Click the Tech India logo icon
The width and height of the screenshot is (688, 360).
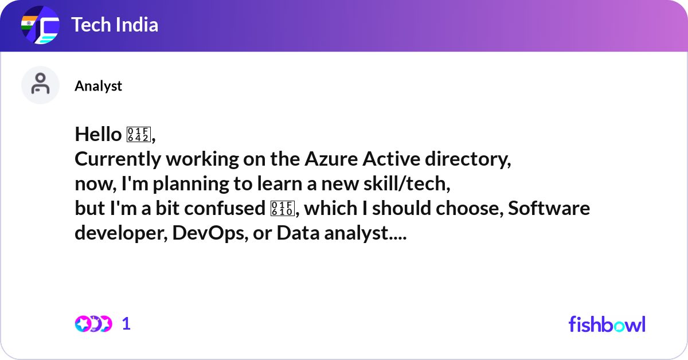click(40, 26)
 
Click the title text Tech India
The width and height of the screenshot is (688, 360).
click(115, 25)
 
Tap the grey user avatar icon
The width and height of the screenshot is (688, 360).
click(40, 85)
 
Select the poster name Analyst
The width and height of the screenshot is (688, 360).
click(98, 86)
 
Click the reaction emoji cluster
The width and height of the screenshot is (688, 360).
click(93, 324)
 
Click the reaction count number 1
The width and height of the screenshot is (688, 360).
click(127, 324)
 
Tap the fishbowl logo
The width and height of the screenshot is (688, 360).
click(607, 324)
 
